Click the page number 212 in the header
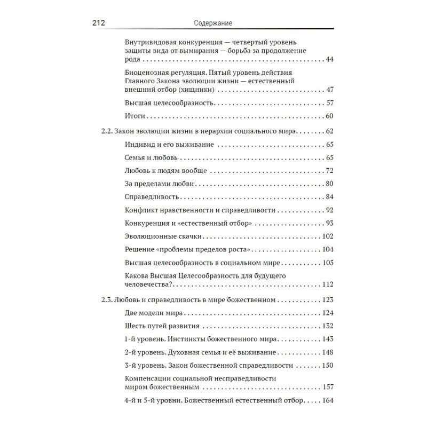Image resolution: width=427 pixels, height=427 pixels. click(101, 22)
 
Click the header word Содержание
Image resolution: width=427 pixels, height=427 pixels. click(212, 22)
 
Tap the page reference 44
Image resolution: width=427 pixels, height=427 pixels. click(329, 59)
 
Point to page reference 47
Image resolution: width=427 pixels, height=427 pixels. click(329, 89)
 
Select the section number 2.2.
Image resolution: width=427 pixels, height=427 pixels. click(107, 131)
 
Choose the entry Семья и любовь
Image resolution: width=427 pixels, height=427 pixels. click(151, 158)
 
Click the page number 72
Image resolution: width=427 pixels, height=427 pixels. click(329, 171)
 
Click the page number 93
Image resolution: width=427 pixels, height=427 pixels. click(329, 223)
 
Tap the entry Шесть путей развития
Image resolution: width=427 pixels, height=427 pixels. click(162, 326)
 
